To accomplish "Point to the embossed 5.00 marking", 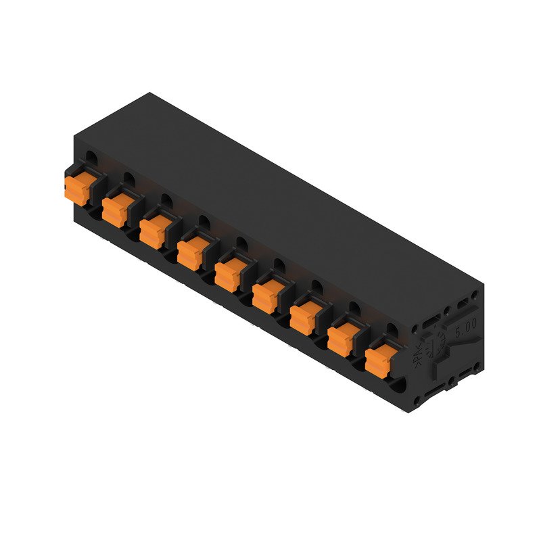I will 465,329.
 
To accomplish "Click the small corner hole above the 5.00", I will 475,296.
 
